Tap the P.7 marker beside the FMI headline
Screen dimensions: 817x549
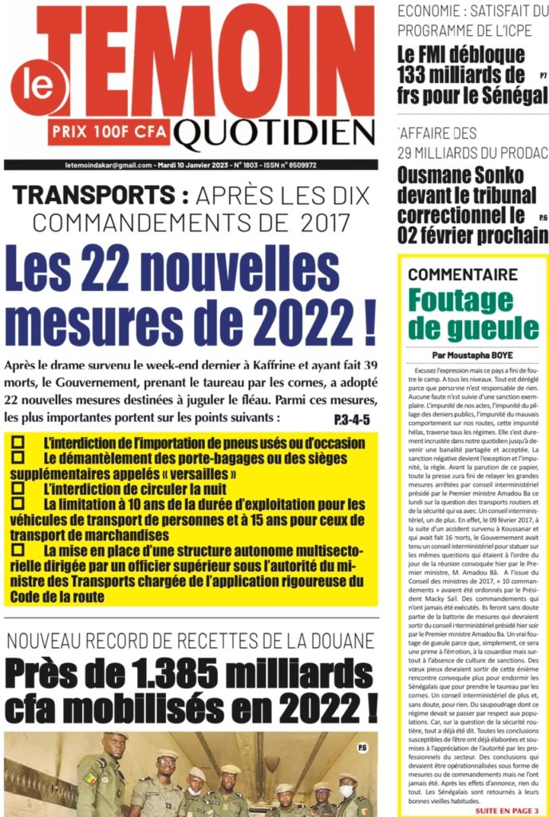click(543, 76)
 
